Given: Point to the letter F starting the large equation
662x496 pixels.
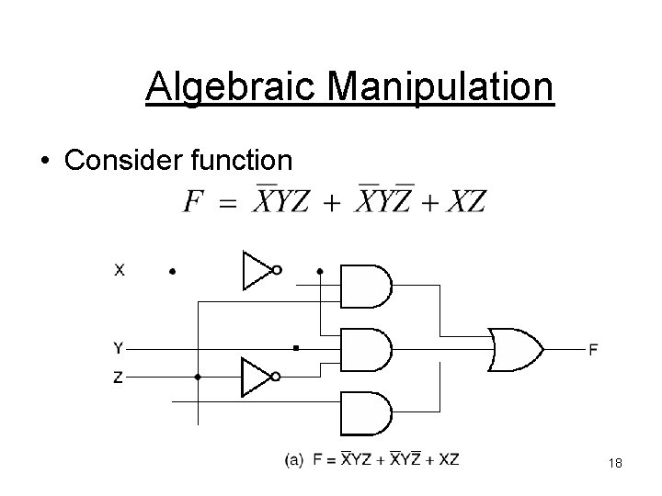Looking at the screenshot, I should [x=193, y=201].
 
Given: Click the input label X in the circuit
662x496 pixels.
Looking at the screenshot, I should [x=120, y=270].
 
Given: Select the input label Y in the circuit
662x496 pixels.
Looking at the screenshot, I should [x=119, y=348].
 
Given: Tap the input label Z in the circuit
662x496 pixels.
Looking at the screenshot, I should [x=119, y=378].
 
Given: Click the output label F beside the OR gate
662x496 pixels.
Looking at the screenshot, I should [x=594, y=349].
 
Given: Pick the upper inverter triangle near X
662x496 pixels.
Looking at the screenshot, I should [x=255, y=270].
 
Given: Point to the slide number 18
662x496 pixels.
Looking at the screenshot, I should [x=615, y=465].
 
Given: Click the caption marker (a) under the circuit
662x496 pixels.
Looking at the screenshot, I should [x=293, y=458].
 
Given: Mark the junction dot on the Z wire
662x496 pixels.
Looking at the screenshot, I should [x=198, y=378].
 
